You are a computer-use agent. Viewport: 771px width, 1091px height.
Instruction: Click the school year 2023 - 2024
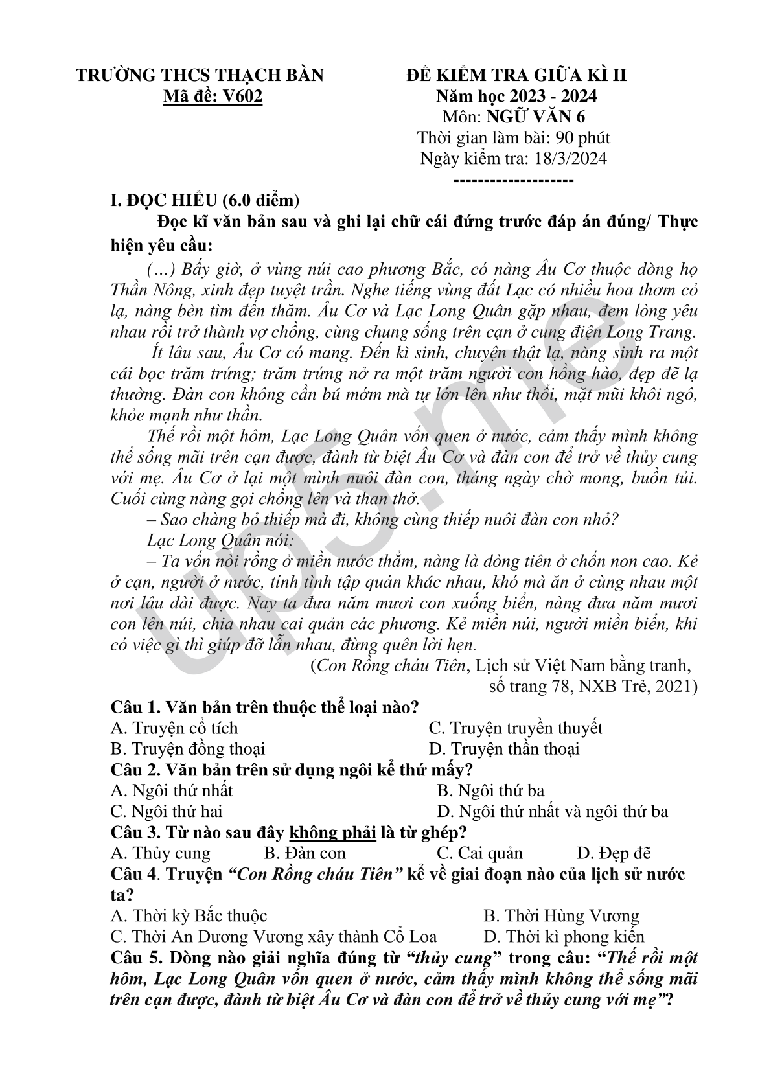click(x=553, y=97)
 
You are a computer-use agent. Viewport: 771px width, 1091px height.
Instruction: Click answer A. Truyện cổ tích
click(x=174, y=728)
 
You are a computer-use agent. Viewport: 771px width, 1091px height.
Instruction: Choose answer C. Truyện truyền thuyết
click(x=516, y=728)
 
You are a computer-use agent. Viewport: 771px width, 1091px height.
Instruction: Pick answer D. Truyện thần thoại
click(x=504, y=750)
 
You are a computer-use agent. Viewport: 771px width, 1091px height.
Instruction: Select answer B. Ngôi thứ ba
click(x=490, y=791)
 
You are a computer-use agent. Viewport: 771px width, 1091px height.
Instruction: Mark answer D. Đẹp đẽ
click(x=614, y=854)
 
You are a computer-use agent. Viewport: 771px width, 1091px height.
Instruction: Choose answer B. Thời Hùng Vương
click(x=561, y=916)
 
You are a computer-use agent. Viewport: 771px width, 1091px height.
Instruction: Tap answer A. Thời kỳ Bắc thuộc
click(x=189, y=916)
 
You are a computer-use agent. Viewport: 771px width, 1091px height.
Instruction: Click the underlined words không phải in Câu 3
click(x=333, y=833)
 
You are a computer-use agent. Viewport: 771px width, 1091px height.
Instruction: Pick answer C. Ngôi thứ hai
click(x=167, y=812)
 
